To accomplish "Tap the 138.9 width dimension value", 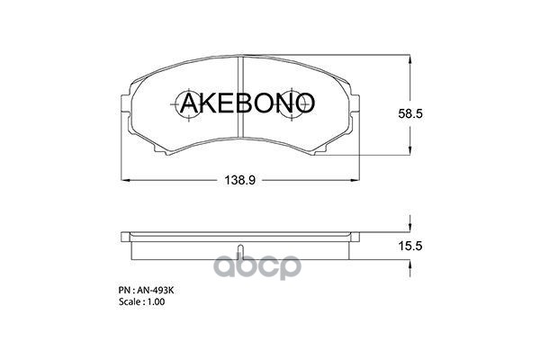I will (x=239, y=180).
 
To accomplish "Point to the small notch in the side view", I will (x=239, y=251).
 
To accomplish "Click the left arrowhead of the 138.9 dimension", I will (x=125, y=180).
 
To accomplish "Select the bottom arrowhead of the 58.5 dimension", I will (x=411, y=153).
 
